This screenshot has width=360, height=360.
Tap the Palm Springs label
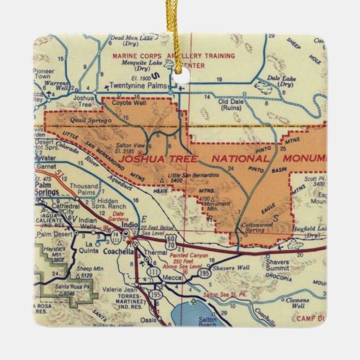click(x=47, y=188)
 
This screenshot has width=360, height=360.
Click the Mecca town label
click(x=170, y=278)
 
